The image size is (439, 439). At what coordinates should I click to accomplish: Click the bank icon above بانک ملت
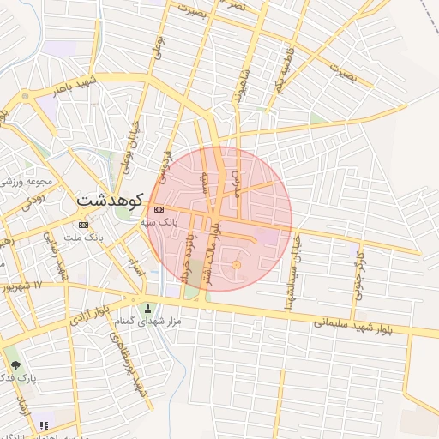click(83, 225)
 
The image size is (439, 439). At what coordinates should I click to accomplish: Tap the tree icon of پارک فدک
click(15, 365)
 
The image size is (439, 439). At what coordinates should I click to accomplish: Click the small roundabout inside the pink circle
click(237, 267)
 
